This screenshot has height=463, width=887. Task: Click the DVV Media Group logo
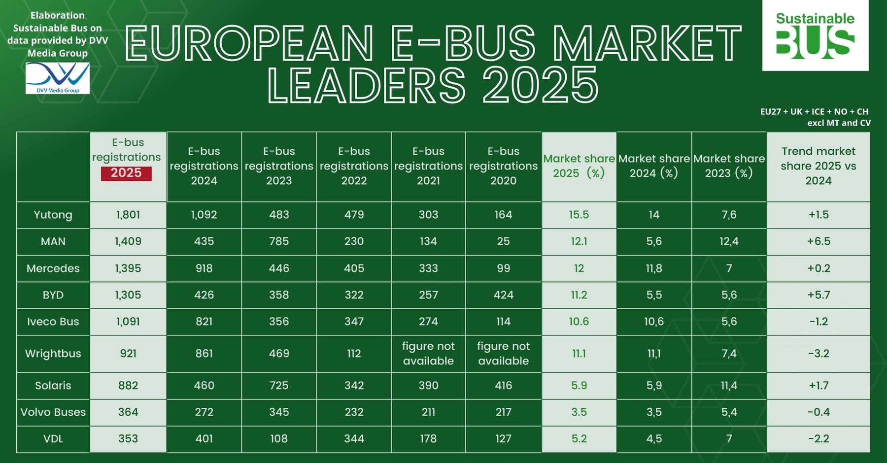pyautogui.click(x=58, y=78)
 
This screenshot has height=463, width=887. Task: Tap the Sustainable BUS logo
pyautogui.click(x=815, y=35)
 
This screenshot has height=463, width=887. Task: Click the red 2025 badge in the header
pyautogui.click(x=126, y=173)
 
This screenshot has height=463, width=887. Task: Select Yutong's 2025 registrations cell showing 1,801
pyautogui.click(x=128, y=215)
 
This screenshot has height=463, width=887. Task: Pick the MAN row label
pyautogui.click(x=53, y=241)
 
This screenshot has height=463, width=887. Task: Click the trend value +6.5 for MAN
pyautogui.click(x=819, y=241)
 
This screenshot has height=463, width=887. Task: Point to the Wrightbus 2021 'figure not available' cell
pyautogui.click(x=428, y=354)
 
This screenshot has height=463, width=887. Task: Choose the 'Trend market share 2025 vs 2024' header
pyautogui.click(x=819, y=166)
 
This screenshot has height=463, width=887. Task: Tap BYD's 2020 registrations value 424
pyautogui.click(x=503, y=295)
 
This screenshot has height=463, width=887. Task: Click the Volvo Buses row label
pyautogui.click(x=53, y=412)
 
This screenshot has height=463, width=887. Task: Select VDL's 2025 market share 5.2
pyautogui.click(x=579, y=439)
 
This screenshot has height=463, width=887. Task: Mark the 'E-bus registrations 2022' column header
pyautogui.click(x=354, y=166)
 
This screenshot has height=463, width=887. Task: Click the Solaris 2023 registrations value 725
pyautogui.click(x=279, y=386)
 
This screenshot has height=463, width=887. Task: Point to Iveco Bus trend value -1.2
pyautogui.click(x=819, y=322)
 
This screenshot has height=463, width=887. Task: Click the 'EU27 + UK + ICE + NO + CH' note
pyautogui.click(x=814, y=112)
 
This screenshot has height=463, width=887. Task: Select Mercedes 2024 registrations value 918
pyautogui.click(x=204, y=268)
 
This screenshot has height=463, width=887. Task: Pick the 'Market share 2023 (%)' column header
pyautogui.click(x=729, y=166)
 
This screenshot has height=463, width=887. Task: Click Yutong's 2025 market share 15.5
pyautogui.click(x=579, y=215)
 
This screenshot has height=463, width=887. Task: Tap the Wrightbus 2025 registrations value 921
pyautogui.click(x=128, y=354)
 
